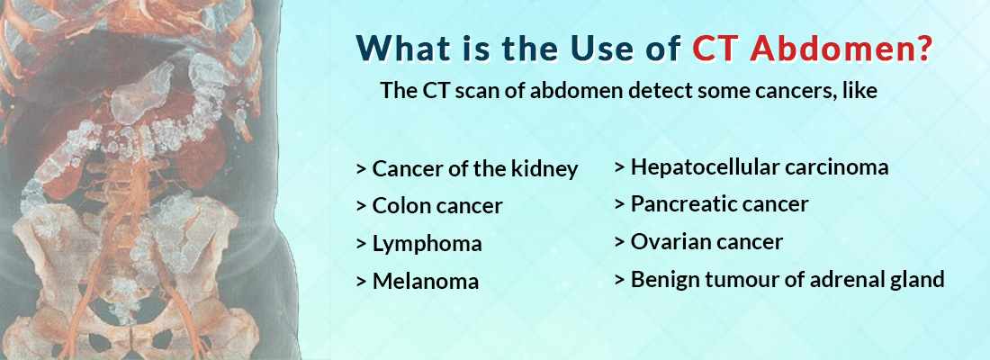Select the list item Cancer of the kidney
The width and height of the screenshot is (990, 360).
(474, 168)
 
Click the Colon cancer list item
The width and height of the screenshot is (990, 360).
(436, 206)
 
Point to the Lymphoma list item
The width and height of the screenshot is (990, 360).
(427, 244)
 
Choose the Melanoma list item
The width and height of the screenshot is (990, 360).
(425, 282)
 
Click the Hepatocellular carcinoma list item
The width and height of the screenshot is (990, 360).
(759, 166)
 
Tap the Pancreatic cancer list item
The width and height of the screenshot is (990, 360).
(719, 204)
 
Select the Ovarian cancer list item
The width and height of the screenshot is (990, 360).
(706, 242)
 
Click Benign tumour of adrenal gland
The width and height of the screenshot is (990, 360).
(787, 280)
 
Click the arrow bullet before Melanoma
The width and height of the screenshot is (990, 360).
(361, 282)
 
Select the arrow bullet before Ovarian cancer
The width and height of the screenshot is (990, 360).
(619, 242)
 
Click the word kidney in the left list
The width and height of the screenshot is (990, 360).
(547, 168)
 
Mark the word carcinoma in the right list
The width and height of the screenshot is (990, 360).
(841, 166)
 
